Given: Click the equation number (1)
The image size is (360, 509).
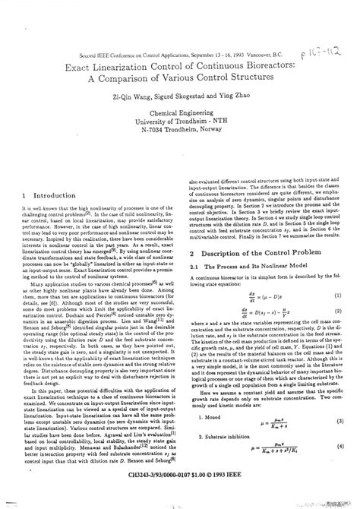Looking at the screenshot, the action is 339,273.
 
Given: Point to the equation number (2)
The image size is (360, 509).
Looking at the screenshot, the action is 339,291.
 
